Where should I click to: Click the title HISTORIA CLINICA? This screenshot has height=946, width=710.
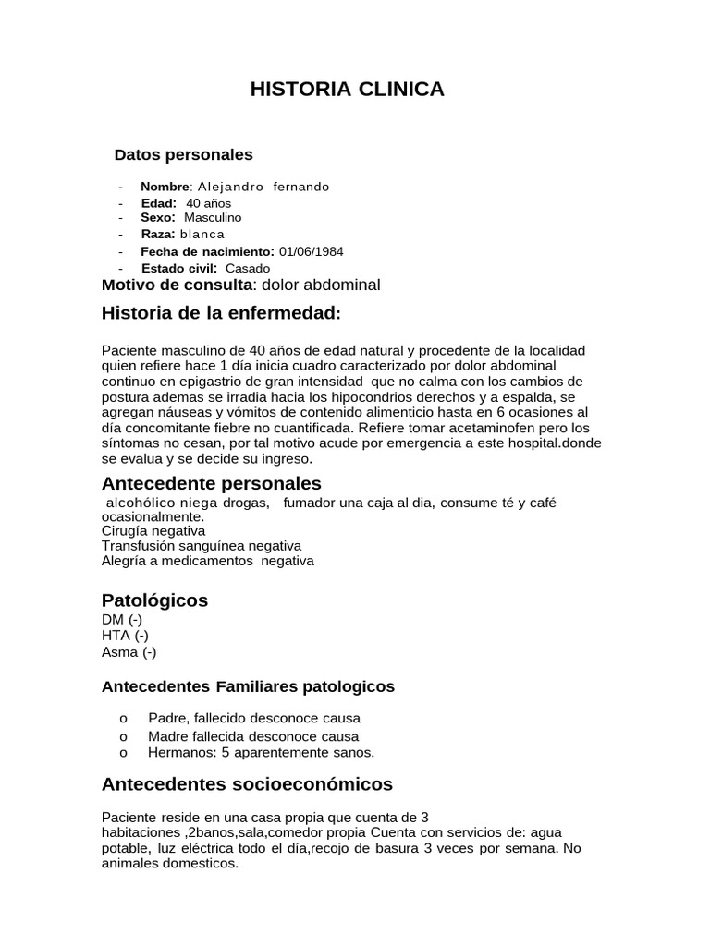[348, 90]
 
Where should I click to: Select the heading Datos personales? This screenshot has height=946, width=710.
[183, 154]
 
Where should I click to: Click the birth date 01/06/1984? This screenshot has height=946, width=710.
[317, 251]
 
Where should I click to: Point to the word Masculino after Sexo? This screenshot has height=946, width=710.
[213, 218]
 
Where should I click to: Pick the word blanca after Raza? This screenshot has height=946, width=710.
[202, 235]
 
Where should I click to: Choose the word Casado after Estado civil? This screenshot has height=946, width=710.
[248, 268]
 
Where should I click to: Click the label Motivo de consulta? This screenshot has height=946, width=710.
[177, 285]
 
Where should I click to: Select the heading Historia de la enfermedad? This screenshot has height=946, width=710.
[221, 314]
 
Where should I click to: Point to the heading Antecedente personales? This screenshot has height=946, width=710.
[212, 484]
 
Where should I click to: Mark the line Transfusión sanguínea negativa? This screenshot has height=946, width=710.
[201, 546]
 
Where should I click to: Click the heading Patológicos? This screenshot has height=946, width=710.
[154, 600]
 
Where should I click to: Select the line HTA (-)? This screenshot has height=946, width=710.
[125, 636]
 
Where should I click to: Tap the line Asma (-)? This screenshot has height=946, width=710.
[129, 652]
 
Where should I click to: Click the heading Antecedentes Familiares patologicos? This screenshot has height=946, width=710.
[248, 687]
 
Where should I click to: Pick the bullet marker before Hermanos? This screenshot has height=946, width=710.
[122, 753]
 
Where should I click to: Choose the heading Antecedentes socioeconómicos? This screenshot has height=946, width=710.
[247, 785]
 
